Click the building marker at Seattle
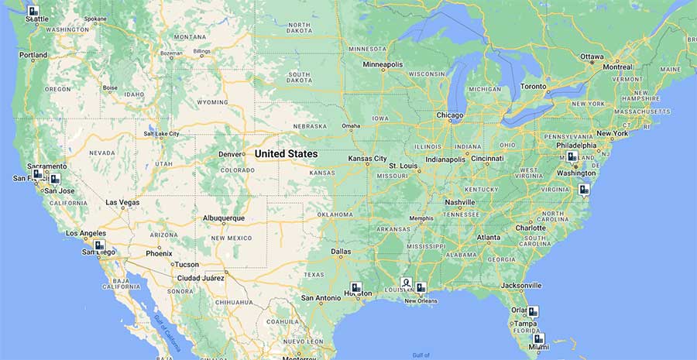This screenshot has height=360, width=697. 33,12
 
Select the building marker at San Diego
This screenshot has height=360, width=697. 99,245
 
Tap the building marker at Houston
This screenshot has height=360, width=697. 356,288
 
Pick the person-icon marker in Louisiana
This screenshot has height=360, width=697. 406,283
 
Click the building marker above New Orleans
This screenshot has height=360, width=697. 421,288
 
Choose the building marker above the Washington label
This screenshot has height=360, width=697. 572,157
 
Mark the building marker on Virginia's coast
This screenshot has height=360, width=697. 584,189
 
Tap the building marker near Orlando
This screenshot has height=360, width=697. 533,312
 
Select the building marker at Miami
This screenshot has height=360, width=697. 539,338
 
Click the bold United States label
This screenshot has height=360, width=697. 286,154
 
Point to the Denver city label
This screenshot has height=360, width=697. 231,154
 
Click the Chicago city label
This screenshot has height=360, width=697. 449,116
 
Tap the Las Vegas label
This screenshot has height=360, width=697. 122,203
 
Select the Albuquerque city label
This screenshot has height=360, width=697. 224,218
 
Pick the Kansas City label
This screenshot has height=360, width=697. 367,159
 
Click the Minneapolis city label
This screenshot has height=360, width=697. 383,64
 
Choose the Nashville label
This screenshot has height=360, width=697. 460,203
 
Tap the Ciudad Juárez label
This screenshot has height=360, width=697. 201,277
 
